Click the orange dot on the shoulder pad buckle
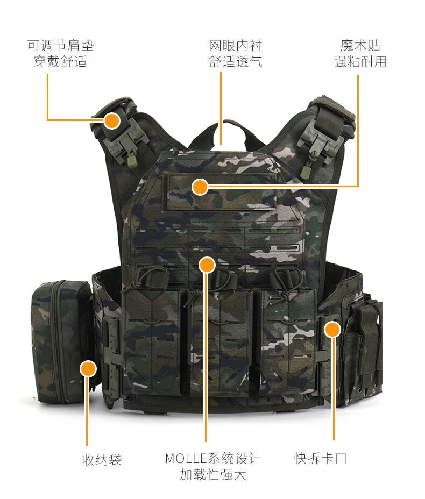coord(112,120)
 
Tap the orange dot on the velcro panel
coord(200,187)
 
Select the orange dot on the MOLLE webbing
coord(207,265)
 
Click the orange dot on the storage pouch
coord(88,369)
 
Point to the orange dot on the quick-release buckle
coord(332,330)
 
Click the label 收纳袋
coord(102,460)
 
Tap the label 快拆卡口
coord(320,458)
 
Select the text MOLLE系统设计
coord(213,459)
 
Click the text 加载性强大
coord(213,474)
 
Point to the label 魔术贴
coord(360,46)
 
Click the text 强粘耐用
coord(360,61)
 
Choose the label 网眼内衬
coord(236,46)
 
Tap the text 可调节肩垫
coord(60,46)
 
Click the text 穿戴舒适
coord(60,61)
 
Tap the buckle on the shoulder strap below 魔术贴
coord(318,140)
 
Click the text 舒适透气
coord(236,61)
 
